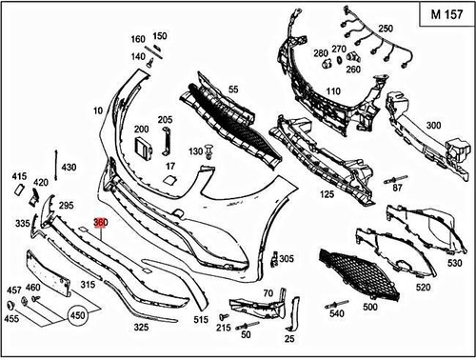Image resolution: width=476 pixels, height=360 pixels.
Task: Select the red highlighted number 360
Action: coord(101,222)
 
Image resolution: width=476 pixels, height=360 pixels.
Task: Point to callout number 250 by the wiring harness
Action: coord(386,29)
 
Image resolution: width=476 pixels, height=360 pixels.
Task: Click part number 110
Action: coord(333,90)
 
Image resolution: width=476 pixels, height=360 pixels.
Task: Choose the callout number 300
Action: coord(433,126)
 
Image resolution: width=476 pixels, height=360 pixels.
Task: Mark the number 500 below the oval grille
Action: coord(369,307)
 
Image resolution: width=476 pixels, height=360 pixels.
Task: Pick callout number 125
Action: coord(327,194)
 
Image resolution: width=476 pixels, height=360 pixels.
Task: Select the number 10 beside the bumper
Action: coord(98,111)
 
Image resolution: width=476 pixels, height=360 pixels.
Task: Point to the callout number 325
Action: coord(141,327)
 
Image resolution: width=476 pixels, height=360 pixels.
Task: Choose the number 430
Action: coord(69,167)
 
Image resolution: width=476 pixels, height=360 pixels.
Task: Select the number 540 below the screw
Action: coord(336,313)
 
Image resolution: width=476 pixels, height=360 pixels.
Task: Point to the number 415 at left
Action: coord(19,176)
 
